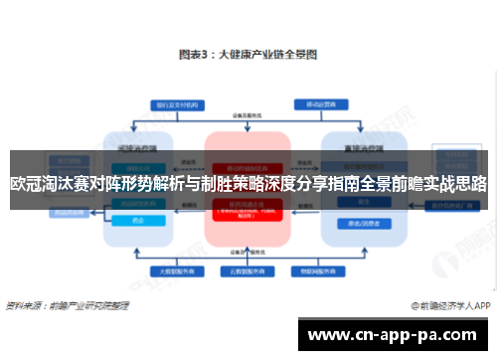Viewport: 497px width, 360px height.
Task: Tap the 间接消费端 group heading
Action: pos(136,142)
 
